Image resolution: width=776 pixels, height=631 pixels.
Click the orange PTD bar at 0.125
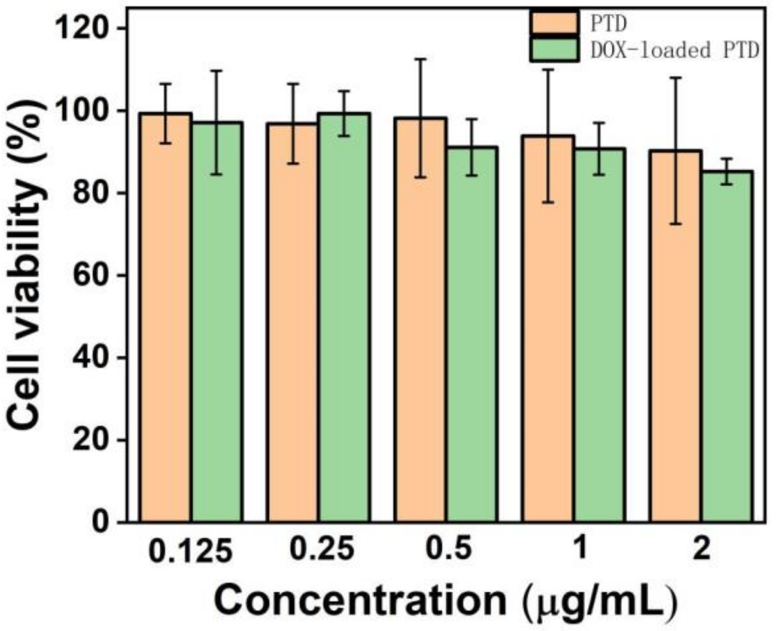166,316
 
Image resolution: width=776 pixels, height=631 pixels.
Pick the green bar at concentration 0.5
472,334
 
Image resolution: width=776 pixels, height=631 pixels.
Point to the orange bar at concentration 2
675,336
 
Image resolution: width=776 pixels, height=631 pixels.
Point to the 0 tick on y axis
101,523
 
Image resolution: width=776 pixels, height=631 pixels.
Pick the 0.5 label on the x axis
449,549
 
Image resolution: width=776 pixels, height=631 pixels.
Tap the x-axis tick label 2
701,549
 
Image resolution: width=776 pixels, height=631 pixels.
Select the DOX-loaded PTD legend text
675,50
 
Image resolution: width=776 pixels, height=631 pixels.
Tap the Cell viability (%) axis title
26,263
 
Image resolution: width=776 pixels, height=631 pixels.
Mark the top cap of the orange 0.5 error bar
421,59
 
